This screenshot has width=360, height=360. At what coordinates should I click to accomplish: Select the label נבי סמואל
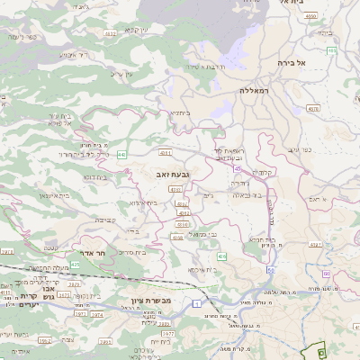tap(206, 234)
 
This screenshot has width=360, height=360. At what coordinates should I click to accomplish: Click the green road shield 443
tap(121, 155)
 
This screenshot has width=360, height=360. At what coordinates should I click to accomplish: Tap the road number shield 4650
tap(310, 16)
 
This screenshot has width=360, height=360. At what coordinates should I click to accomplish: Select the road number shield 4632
tap(110, 33)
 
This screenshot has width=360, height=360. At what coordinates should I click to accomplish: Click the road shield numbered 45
tap(236, 167)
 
